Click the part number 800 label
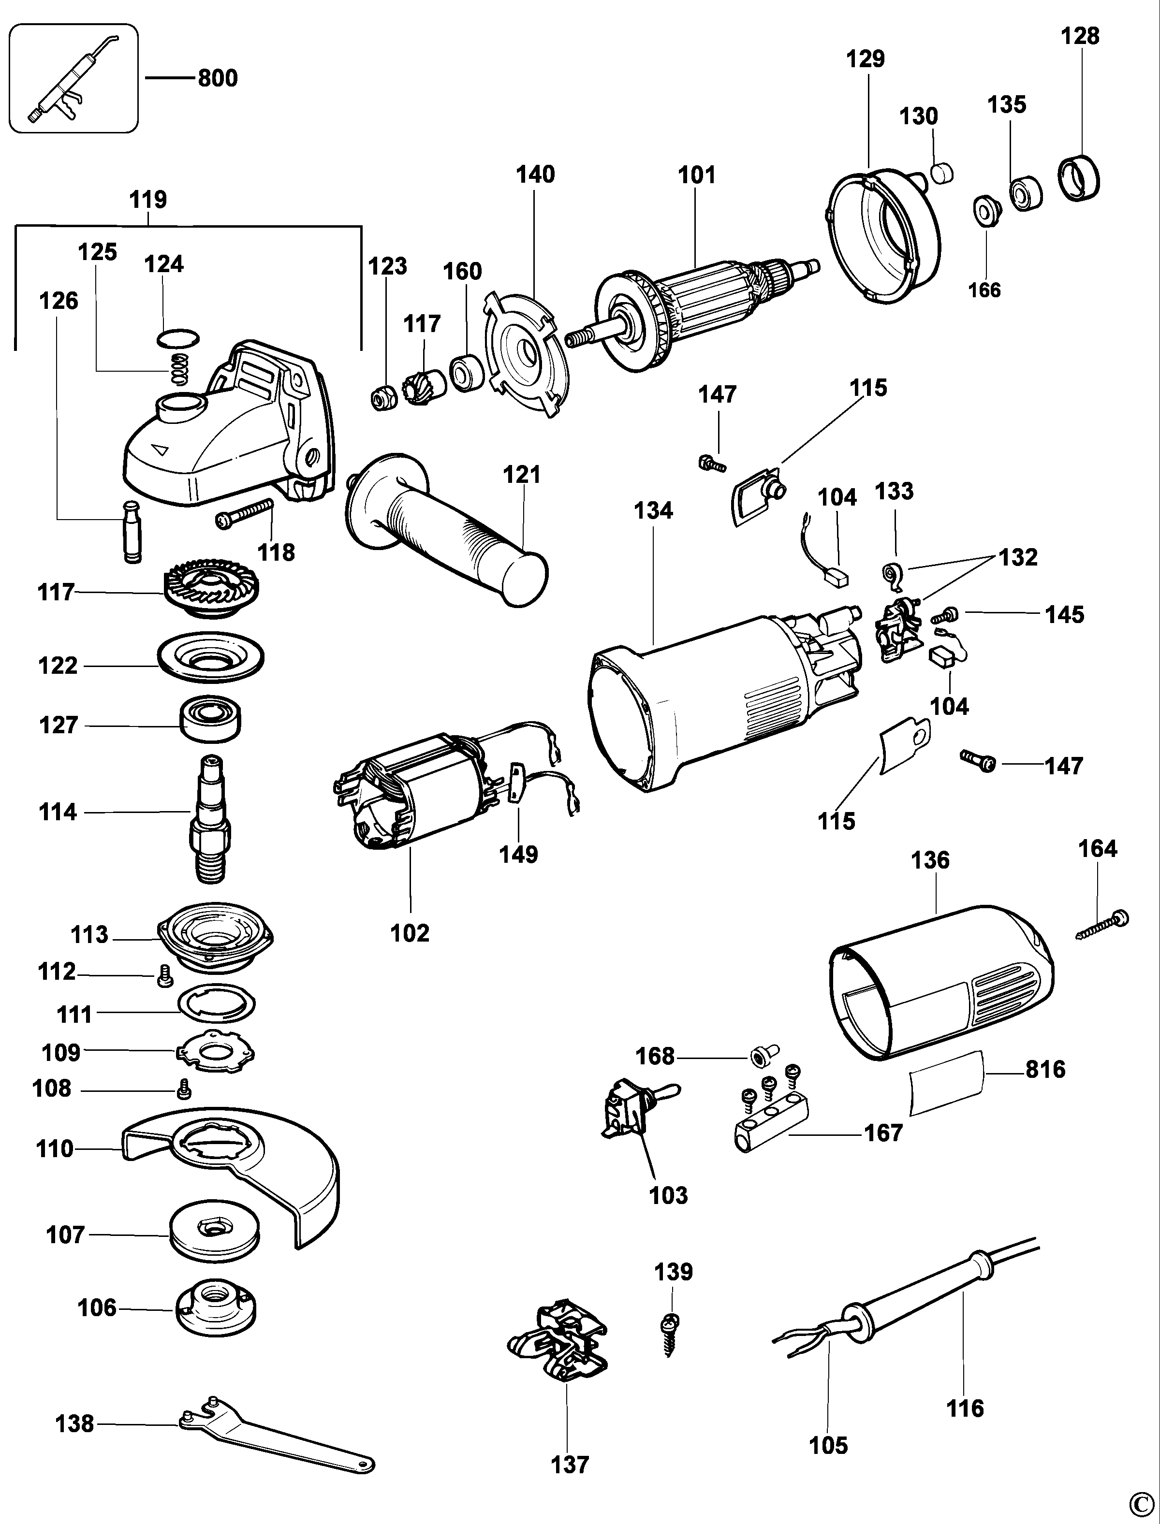218,78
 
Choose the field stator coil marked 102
414,794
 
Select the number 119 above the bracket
148,200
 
